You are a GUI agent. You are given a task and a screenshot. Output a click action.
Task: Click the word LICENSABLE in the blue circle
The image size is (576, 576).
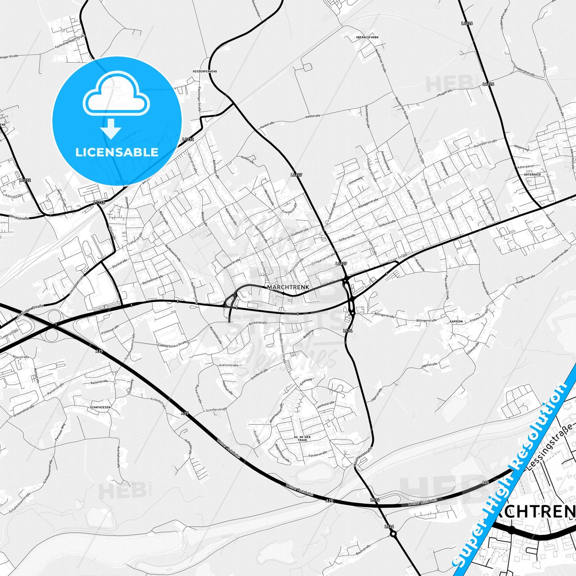click(x=117, y=152)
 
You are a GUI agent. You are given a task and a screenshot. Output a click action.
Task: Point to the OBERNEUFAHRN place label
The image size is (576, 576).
click(x=367, y=37)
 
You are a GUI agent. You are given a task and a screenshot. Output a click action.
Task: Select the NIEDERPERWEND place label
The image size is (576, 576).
click(x=204, y=71)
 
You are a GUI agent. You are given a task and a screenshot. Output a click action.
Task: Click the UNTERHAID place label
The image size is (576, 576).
click(x=533, y=175)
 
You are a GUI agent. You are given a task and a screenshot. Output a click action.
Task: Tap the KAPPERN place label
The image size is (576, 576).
click(x=456, y=321)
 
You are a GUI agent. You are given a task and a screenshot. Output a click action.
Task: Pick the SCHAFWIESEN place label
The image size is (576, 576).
click(x=100, y=407)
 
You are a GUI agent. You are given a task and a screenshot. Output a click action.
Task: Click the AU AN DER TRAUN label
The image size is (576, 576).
click(x=302, y=438)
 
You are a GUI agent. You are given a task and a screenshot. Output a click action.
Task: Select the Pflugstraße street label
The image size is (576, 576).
click(x=444, y=93)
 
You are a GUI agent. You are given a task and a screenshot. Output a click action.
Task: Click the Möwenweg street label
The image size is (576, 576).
click(x=521, y=148)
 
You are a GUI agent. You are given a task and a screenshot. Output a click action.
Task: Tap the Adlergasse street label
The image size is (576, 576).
click(x=525, y=166)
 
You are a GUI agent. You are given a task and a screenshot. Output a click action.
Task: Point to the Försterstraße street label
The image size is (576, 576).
click(x=318, y=454)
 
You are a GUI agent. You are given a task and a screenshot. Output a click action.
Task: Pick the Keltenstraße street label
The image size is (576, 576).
click(x=99, y=382)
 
